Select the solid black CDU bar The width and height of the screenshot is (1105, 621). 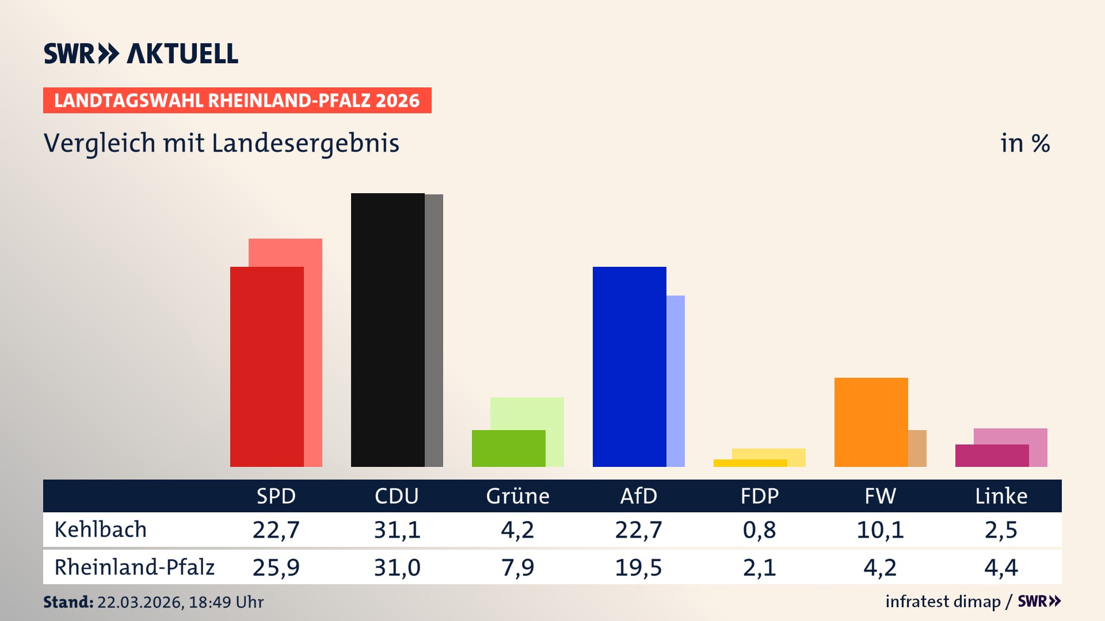pyautogui.click(x=387, y=330)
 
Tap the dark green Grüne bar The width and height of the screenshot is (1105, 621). pyautogui.click(x=508, y=448)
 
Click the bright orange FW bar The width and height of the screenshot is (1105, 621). pyautogui.click(x=871, y=422)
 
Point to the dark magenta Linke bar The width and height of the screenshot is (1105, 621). pyautogui.click(x=992, y=455)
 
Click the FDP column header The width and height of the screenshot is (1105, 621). pyautogui.click(x=759, y=496)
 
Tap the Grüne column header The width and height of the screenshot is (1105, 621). pyautogui.click(x=517, y=496)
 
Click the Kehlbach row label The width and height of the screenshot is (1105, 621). pyautogui.click(x=101, y=530)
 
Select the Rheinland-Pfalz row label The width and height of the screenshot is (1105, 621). pyautogui.click(x=134, y=568)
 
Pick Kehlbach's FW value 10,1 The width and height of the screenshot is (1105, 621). pyautogui.click(x=880, y=530)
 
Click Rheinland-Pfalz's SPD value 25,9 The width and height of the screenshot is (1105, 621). pyautogui.click(x=276, y=568)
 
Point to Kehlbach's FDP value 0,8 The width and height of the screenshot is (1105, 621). pyautogui.click(x=759, y=530)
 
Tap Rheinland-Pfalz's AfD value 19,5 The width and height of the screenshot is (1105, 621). pyautogui.click(x=638, y=568)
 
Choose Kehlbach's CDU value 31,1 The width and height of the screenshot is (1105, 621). pyautogui.click(x=397, y=530)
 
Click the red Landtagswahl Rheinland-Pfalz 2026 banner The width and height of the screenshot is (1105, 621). pyautogui.click(x=237, y=101)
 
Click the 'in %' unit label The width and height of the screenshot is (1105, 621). pyautogui.click(x=1024, y=143)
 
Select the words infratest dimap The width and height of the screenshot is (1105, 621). pyautogui.click(x=942, y=601)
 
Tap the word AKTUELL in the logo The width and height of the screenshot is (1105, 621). pyautogui.click(x=182, y=53)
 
